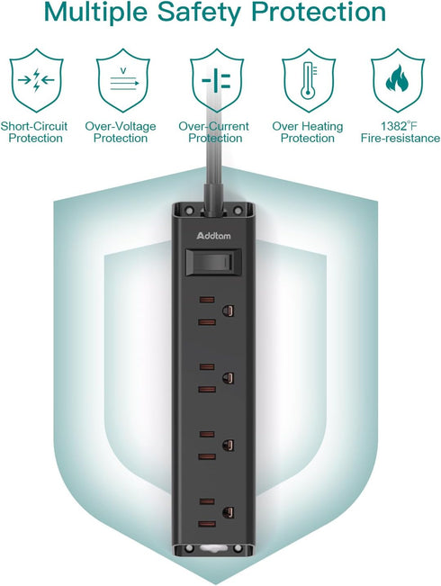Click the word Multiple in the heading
pos(95,13)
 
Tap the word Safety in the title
pos(199,13)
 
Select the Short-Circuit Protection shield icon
pos(36,80)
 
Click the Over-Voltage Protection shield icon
pos(123,80)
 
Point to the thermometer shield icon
pos(309,80)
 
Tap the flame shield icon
pos(398,80)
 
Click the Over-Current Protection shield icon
pos(217,80)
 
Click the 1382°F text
pos(399,126)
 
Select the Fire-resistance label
pos(400,139)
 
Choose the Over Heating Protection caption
pos(308,132)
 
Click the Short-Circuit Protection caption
pos(34,132)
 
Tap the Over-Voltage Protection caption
pos(121,132)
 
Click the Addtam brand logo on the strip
pos(213,236)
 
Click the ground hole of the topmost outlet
pos(228,311)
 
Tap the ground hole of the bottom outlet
pos(228,512)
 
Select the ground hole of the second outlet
pos(228,378)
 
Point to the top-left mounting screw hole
pos(189,212)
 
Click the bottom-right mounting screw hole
pos(238,548)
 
